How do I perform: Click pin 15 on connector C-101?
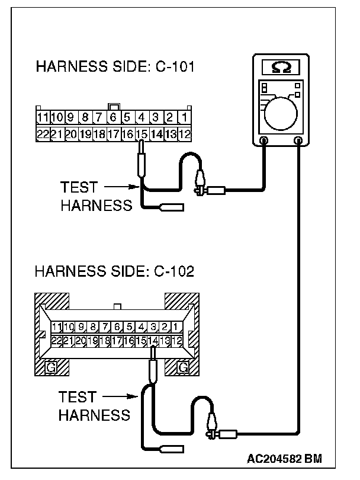tap(142, 135)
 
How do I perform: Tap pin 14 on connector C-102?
tap(153, 341)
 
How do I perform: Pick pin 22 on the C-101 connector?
tap(43, 135)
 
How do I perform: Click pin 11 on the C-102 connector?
tap(57, 327)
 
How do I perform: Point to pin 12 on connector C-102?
tap(179, 341)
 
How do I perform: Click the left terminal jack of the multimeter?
tap(264, 140)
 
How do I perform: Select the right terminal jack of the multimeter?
tap(298, 140)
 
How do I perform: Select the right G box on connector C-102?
tap(183, 367)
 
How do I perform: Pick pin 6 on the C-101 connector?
tap(112, 117)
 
